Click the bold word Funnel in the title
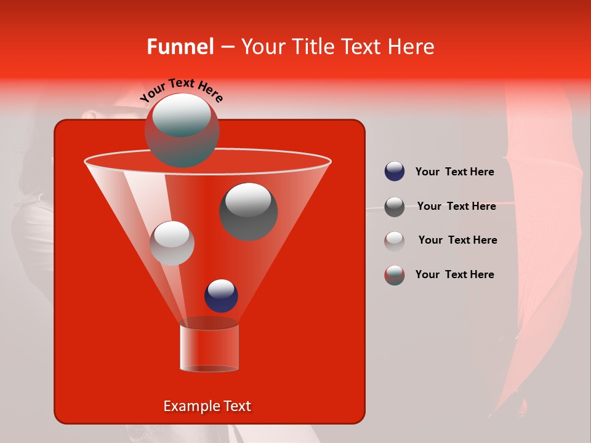click(180, 47)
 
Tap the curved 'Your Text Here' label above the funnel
click(182, 90)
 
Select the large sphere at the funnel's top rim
click(182, 130)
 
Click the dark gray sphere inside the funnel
click(249, 211)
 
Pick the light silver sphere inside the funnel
click(172, 243)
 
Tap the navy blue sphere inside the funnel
click(221, 295)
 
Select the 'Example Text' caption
click(207, 406)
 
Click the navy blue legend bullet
click(395, 172)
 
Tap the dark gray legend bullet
click(395, 207)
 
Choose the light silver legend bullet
click(395, 241)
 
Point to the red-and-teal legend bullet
click(395, 275)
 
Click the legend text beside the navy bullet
click(454, 172)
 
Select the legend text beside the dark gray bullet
click(456, 207)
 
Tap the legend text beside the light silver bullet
click(457, 241)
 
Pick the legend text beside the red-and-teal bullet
click(454, 274)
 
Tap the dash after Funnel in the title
click(227, 47)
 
